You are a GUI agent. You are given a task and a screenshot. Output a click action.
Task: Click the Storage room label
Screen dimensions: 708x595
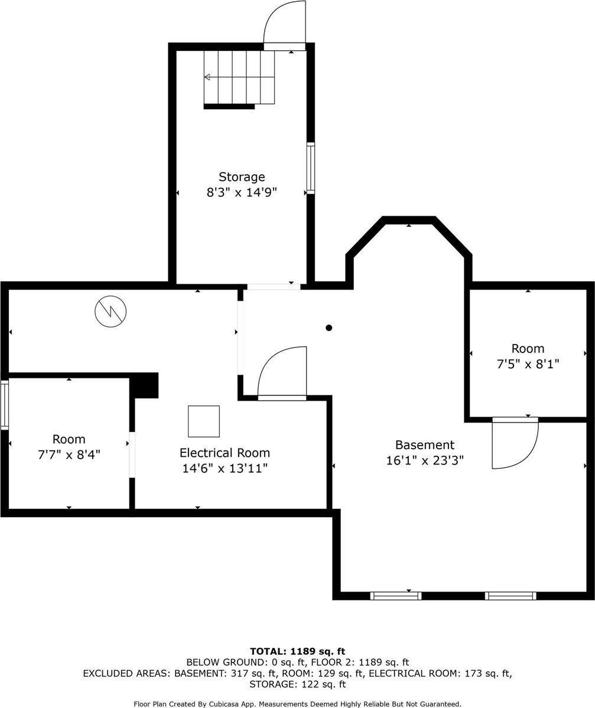click(x=242, y=177)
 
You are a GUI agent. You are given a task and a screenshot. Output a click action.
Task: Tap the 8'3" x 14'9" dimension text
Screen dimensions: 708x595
click(x=242, y=192)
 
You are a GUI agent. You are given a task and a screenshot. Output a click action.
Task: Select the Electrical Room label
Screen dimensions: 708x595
click(x=225, y=453)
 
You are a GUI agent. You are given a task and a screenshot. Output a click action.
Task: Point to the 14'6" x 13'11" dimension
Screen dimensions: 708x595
click(x=225, y=469)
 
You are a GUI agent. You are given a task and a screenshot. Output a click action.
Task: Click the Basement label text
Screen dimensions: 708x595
click(x=425, y=445)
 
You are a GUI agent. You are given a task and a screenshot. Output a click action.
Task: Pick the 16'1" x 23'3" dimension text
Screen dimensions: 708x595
click(x=425, y=460)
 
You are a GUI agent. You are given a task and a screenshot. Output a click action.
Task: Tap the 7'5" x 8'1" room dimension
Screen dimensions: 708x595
click(x=528, y=364)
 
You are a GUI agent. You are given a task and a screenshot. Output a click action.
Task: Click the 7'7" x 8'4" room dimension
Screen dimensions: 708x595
click(x=69, y=454)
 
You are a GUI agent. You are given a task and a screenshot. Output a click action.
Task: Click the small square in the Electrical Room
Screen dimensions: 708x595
click(x=204, y=421)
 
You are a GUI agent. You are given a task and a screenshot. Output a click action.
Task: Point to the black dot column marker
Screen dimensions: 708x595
click(x=329, y=328)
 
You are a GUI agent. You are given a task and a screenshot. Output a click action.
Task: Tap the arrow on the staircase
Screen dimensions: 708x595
click(x=208, y=77)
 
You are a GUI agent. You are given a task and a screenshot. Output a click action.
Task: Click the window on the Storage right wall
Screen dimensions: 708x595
click(x=310, y=168)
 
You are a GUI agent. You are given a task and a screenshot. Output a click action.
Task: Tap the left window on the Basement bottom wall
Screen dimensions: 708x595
click(x=396, y=596)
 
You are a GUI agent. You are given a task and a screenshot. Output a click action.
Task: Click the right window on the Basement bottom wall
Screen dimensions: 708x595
click(x=511, y=596)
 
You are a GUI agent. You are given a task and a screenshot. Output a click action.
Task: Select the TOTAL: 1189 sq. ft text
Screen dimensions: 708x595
click(x=297, y=652)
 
